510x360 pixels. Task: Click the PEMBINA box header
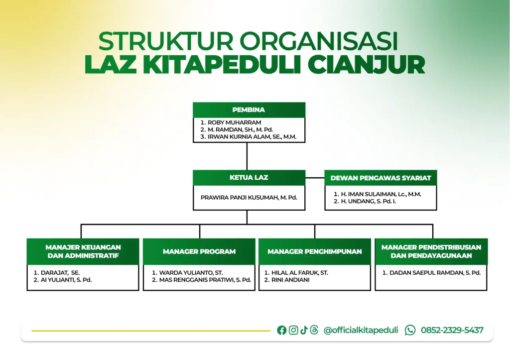point(249,110)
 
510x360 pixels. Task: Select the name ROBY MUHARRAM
point(234,122)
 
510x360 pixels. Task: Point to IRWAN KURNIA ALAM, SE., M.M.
point(252,137)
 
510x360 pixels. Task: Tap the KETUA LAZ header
point(249,178)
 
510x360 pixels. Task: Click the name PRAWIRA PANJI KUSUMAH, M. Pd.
point(249,197)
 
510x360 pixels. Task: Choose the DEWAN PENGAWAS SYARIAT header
point(381,178)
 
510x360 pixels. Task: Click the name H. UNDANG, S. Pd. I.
point(368,201)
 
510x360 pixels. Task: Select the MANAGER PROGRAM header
point(199,251)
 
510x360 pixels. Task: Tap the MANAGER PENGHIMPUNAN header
point(315,251)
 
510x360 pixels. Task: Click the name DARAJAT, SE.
point(60,273)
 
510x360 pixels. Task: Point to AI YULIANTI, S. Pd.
point(66,280)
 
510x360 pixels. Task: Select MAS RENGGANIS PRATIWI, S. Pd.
point(205,280)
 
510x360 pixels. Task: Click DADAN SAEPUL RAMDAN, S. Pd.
point(435,273)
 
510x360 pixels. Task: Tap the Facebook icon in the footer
point(282,330)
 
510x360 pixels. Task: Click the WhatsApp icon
point(410,330)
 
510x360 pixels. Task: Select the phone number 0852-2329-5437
point(452,330)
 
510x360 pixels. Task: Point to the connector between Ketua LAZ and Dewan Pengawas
point(315,178)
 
